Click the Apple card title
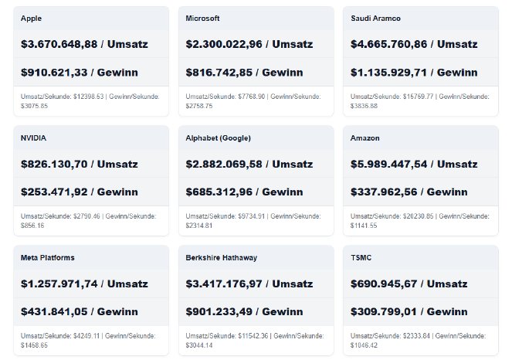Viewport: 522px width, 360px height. pyautogui.click(x=32, y=18)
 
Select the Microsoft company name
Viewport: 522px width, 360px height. pyautogui.click(x=203, y=18)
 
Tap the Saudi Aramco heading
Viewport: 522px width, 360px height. pyautogui.click(x=375, y=18)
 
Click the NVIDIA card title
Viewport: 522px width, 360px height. pyautogui.click(x=35, y=138)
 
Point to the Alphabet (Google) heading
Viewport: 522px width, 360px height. pyautogui.click(x=218, y=138)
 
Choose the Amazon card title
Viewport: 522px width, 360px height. pyautogui.click(x=367, y=138)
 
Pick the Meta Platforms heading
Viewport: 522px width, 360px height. pyautogui.click(x=48, y=257)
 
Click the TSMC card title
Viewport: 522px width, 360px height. pyautogui.click(x=362, y=257)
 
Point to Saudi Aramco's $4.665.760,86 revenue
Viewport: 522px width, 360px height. pyautogui.click(x=391, y=44)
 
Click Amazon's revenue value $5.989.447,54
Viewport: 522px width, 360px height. pyautogui.click(x=391, y=164)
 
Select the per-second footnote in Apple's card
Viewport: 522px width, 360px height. pyautogui.click(x=90, y=100)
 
